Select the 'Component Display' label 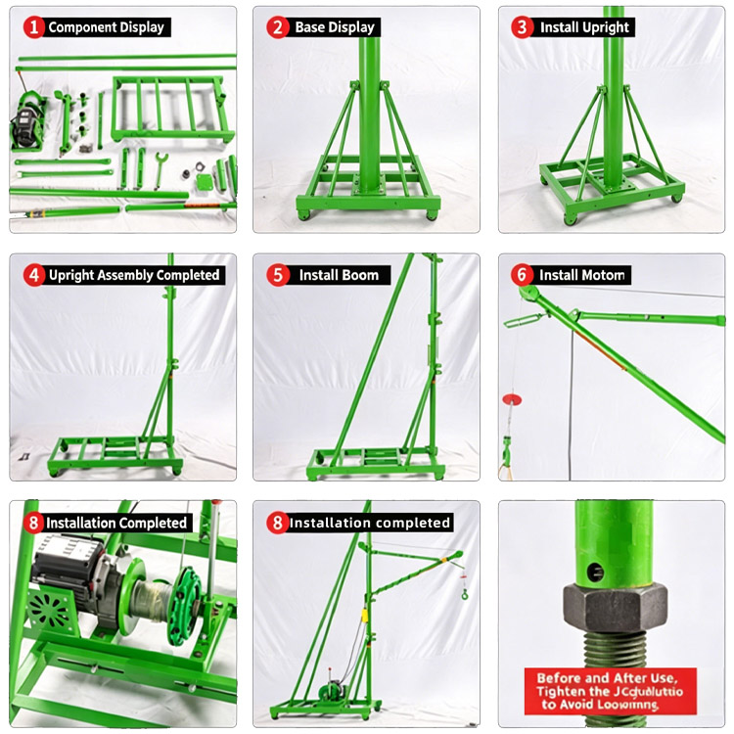point(107,27)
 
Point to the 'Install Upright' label point(584,27)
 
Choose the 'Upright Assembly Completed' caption point(133,275)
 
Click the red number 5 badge point(279,275)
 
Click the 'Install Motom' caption point(581,275)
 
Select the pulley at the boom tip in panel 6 point(528,293)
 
